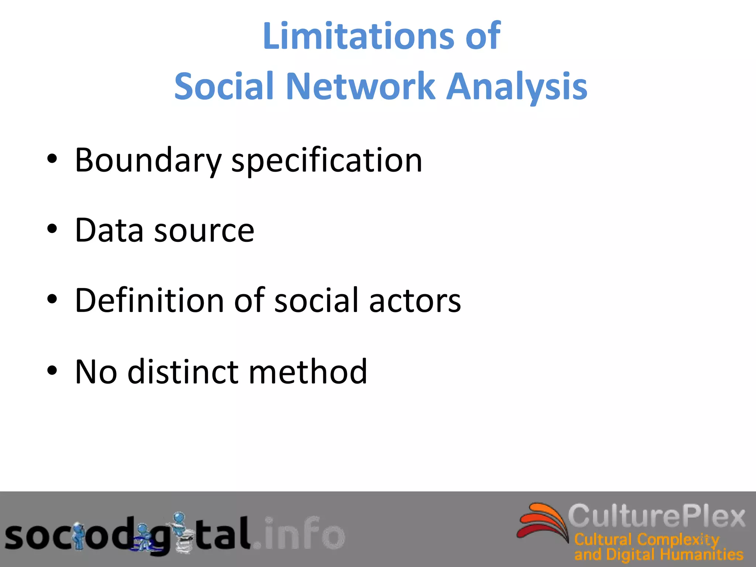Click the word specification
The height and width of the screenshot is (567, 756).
pyautogui.click(x=327, y=161)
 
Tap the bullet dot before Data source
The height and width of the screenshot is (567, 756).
pyautogui.click(x=52, y=230)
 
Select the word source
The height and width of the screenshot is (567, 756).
pyautogui.click(x=204, y=231)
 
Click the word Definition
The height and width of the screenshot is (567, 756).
pyautogui.click(x=149, y=300)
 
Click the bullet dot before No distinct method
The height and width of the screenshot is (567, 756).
pyautogui.click(x=52, y=370)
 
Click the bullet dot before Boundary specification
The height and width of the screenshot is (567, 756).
pyautogui.click(x=52, y=159)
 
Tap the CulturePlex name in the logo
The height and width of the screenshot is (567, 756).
pyautogui.click(x=656, y=516)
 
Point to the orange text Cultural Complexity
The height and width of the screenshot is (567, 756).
pyautogui.click(x=646, y=540)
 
